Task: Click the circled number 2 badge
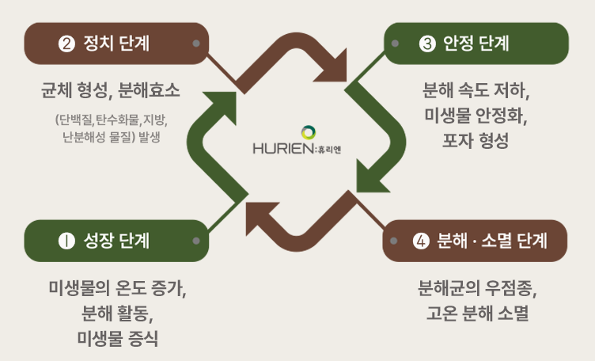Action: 66,44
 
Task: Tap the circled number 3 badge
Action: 427,44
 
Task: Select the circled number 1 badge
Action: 66,241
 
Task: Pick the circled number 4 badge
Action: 421,241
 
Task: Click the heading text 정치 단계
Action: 116,44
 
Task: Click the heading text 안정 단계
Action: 476,44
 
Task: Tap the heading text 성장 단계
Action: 116,241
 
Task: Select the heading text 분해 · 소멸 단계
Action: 492,241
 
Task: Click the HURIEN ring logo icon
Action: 309,132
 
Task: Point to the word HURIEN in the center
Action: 283,148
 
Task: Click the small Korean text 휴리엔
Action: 330,150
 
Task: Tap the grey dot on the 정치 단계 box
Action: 196,44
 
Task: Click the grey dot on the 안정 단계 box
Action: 395,44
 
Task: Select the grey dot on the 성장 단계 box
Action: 196,241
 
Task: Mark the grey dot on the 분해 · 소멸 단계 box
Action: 393,241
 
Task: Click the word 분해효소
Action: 149,91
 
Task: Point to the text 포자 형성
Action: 476,141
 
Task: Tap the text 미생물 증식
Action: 118,338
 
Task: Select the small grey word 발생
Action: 150,137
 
